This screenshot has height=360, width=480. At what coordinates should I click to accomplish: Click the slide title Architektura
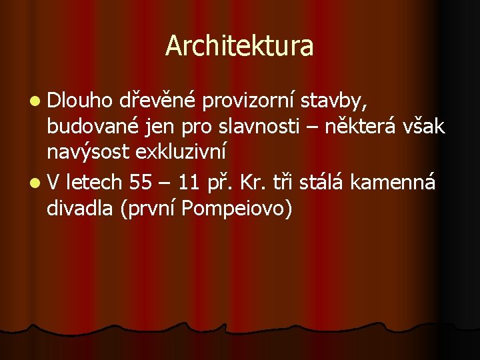click(x=239, y=46)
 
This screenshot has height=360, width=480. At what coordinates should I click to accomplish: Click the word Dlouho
click(x=80, y=101)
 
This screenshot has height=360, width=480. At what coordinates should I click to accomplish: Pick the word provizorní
click(x=248, y=101)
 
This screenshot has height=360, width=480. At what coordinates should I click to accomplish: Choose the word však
click(x=425, y=127)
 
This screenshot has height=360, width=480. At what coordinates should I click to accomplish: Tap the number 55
click(x=141, y=181)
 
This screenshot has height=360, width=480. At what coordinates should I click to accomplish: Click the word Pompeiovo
click(x=237, y=209)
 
